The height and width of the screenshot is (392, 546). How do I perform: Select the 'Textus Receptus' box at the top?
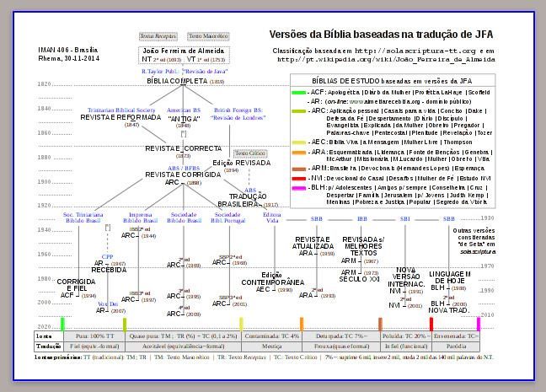click(157, 37)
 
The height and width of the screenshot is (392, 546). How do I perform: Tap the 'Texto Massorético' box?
click(206, 37)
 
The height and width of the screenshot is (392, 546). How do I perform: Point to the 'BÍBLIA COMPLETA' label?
click(185, 81)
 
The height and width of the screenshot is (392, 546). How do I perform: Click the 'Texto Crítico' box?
click(247, 153)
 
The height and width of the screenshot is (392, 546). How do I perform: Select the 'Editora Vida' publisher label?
click(271, 217)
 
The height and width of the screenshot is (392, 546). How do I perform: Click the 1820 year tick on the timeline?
click(44, 85)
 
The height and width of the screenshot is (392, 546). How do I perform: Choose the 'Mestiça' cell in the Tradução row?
click(271, 346)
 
